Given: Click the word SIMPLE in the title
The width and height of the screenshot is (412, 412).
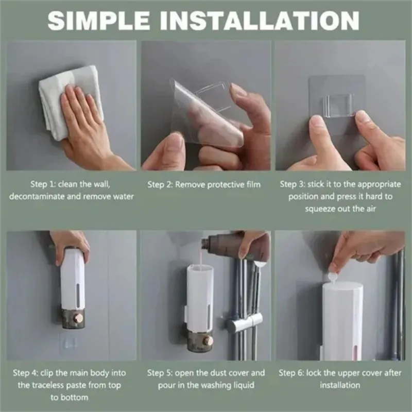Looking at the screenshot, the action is click(x=99, y=21).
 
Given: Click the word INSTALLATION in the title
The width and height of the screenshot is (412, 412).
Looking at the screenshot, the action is click(x=260, y=21).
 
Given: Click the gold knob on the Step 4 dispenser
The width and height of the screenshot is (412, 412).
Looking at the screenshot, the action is click(x=78, y=318).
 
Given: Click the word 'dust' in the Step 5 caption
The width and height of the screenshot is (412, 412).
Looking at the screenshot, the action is click(x=211, y=373).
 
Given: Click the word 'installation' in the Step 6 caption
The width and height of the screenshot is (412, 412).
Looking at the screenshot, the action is click(x=340, y=385).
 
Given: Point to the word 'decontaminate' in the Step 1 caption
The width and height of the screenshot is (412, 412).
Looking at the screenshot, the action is click(x=37, y=196).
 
